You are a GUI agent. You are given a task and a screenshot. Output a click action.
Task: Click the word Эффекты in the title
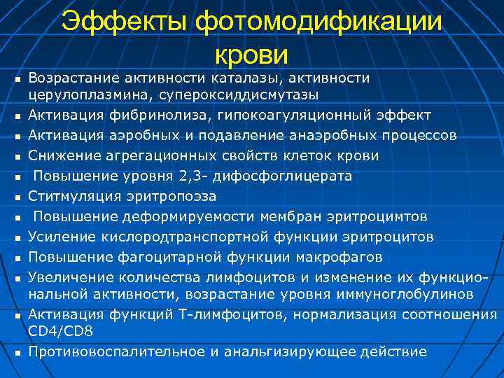click(x=125, y=22)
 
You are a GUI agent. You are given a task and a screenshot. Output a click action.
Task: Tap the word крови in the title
click(x=252, y=53)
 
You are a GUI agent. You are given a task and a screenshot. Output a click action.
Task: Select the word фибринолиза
click(x=148, y=115)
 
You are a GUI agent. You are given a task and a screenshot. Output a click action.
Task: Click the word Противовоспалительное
click(x=113, y=351)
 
